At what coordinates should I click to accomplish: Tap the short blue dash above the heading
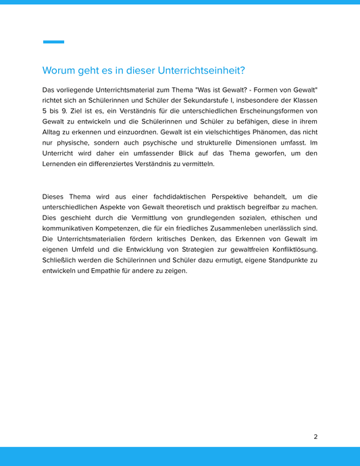[x=53, y=42]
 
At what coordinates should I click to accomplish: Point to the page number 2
[x=315, y=436]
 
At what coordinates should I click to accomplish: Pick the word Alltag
[x=54, y=132]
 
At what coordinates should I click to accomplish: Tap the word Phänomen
[x=276, y=132]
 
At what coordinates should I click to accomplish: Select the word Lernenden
[x=61, y=164]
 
